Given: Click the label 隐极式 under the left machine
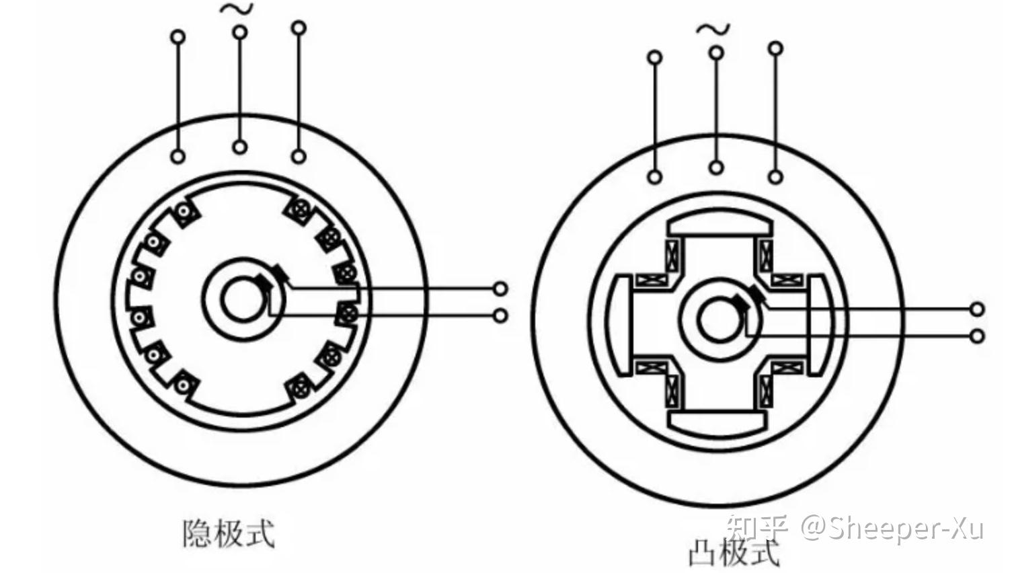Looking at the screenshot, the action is coord(229,533).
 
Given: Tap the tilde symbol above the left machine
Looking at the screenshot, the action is coord(239,9).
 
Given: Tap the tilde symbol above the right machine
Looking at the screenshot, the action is coord(713,29).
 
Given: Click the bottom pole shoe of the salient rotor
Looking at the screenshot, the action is coord(717,421).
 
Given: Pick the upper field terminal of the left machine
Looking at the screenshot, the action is coord(500,289).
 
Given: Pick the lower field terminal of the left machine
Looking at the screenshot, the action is coord(500,315).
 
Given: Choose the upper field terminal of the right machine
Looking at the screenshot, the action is coord(977,309).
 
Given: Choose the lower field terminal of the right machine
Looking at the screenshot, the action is coord(977,336).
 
